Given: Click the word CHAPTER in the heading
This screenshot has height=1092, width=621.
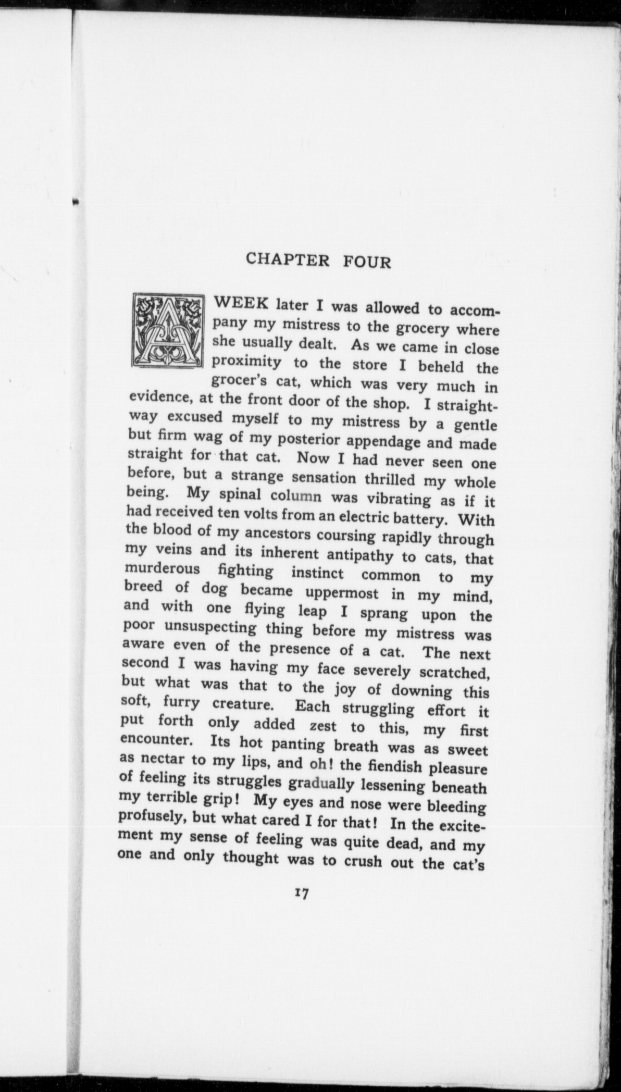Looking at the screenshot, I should pyautogui.click(x=288, y=259).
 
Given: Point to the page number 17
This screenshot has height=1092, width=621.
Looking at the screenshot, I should pyautogui.click(x=302, y=893).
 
